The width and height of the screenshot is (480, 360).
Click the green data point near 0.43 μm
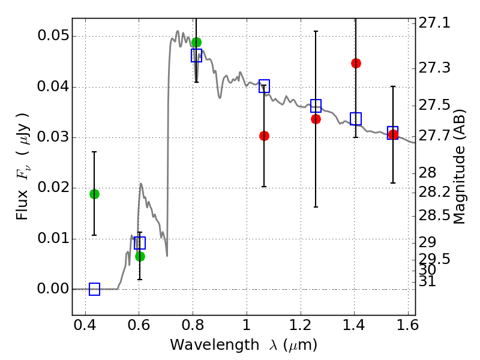click(x=94, y=194)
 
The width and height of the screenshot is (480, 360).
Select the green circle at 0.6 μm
click(x=140, y=256)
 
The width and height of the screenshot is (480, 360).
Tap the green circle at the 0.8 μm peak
click(x=196, y=42)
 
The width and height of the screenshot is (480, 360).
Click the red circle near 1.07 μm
click(x=264, y=136)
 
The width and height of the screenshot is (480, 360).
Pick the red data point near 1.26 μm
click(x=316, y=119)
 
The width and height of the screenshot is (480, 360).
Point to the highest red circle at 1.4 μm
click(x=356, y=63)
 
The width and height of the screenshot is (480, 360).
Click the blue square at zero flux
click(x=94, y=289)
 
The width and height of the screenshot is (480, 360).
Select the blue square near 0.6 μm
click(x=140, y=243)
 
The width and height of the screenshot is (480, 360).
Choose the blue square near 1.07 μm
click(x=264, y=86)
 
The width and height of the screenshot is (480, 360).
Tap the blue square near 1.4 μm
click(x=356, y=119)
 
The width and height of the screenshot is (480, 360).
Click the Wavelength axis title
click(x=243, y=346)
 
